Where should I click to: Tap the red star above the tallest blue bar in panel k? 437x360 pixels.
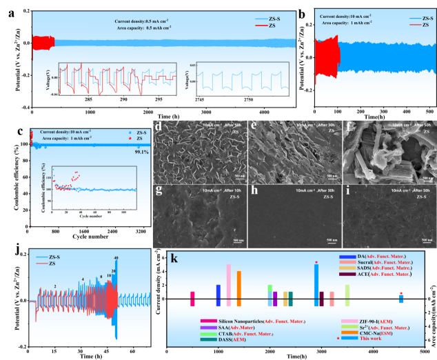(x=316, y=263)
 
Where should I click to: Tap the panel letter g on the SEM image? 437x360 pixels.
(x=159, y=187)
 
